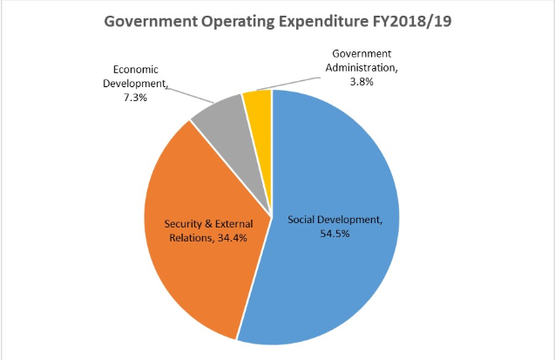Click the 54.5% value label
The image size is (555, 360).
coord(335,233)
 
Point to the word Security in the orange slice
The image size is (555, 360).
coord(185,224)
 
